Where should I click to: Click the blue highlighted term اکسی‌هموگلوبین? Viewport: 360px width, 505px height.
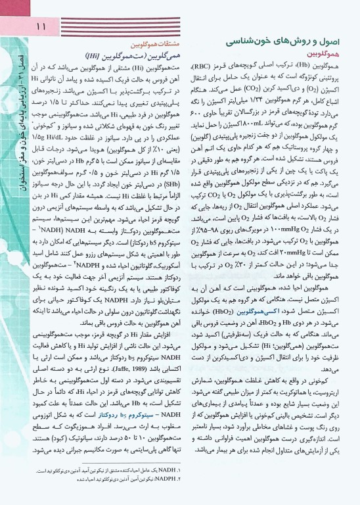(x=263, y=314)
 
